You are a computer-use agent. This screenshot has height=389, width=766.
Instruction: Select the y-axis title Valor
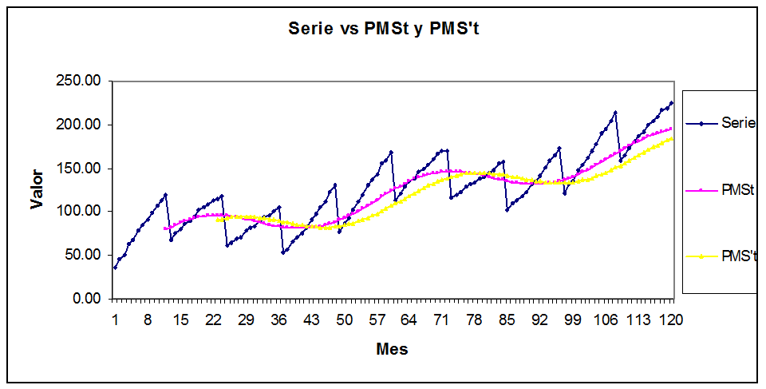tap(38, 189)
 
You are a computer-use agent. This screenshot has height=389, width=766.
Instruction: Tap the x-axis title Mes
tap(392, 349)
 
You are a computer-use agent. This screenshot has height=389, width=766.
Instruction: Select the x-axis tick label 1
tap(115, 320)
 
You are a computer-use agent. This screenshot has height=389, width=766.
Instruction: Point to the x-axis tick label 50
tap(344, 320)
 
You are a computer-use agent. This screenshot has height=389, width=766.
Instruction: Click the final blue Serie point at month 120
tap(672, 103)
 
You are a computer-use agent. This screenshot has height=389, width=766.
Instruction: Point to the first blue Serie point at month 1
tap(115, 267)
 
